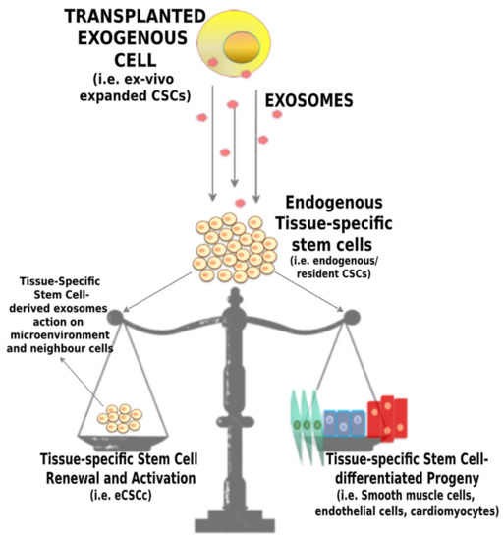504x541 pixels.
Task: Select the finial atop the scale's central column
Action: (x=236, y=295)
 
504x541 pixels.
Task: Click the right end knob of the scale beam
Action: (x=349, y=316)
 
